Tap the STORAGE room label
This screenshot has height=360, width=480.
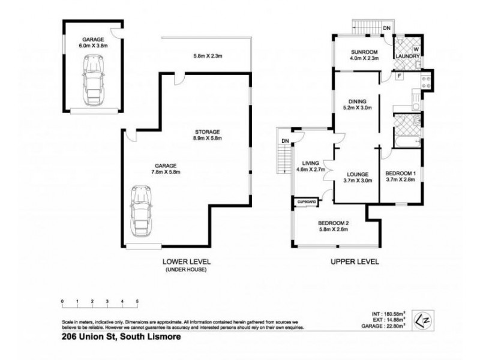point(208,131)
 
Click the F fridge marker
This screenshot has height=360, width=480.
point(399,76)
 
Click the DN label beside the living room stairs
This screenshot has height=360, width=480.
point(286,141)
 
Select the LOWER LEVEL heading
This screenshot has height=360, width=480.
point(187,262)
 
